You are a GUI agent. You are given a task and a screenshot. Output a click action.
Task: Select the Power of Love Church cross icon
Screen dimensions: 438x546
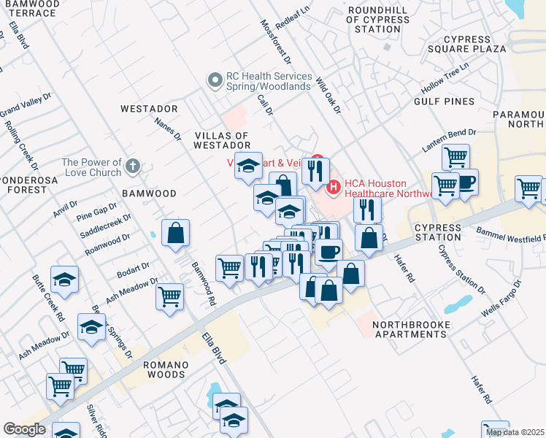tap(132, 166)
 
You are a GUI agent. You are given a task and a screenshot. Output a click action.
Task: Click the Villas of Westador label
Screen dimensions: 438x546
tap(222, 141)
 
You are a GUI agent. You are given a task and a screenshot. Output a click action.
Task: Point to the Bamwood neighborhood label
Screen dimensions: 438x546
tap(149, 193)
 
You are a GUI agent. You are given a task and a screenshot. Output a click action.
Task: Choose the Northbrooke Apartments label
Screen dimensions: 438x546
tap(409, 329)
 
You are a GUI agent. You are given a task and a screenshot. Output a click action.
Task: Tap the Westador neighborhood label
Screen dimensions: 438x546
tap(150, 108)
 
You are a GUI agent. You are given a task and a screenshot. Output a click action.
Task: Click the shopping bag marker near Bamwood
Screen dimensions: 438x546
tap(175, 234)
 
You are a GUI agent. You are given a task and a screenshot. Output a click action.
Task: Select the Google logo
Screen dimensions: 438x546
tap(24, 429)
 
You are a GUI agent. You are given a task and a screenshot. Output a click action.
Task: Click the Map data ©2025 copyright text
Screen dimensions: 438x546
tap(515, 432)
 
